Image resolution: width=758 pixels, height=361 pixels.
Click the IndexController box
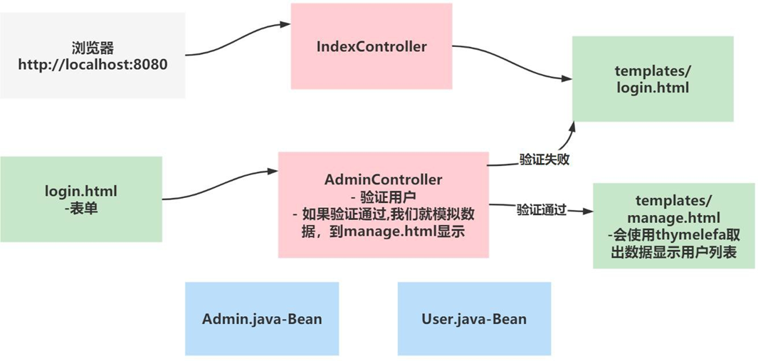point(371,47)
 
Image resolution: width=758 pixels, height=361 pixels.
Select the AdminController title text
point(383,180)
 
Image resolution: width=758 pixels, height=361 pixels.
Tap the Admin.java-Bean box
point(261,318)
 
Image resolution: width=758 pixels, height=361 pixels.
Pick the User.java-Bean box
point(473,318)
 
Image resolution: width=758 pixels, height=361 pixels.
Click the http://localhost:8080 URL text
point(93,65)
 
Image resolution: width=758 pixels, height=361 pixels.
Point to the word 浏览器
point(93,48)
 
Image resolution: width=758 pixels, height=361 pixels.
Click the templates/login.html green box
point(652,78)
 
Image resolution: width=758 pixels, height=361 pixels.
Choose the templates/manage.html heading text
point(673,207)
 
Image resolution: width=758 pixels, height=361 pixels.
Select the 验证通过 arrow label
point(541,210)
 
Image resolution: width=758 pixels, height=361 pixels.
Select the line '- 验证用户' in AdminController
point(383,197)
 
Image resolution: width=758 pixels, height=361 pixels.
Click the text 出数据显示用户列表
point(673,252)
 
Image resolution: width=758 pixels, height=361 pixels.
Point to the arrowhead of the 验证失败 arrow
point(572,126)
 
